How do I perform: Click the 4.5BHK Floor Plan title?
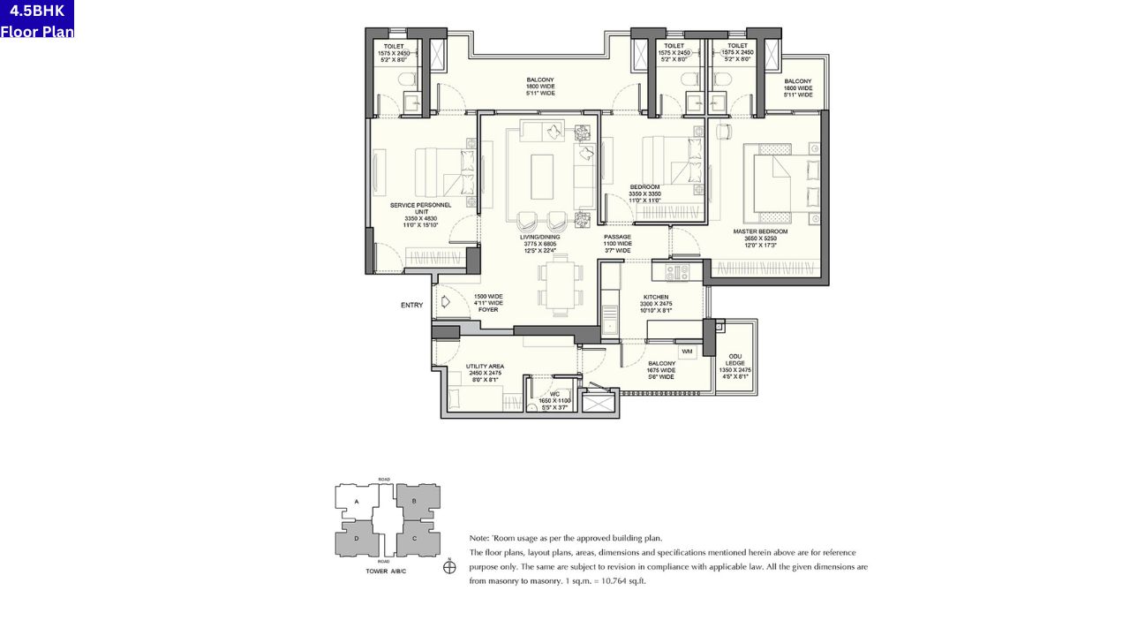click(x=37, y=19)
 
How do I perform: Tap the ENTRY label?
click(x=411, y=306)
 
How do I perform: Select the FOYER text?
click(x=488, y=309)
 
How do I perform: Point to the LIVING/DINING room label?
click(x=541, y=237)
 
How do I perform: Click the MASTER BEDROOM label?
click(x=760, y=231)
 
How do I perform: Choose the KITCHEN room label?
click(x=655, y=298)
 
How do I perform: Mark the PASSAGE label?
click(x=617, y=237)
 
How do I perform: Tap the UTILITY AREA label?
click(x=486, y=366)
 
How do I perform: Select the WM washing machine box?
click(x=688, y=352)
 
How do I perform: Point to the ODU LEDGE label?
click(x=735, y=360)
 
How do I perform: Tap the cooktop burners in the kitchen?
click(x=676, y=272)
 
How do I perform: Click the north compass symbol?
click(x=449, y=567)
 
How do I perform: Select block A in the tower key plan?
click(x=357, y=502)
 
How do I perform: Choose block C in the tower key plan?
click(x=414, y=538)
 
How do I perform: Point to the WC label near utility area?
click(x=554, y=394)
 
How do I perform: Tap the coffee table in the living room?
click(x=542, y=177)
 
